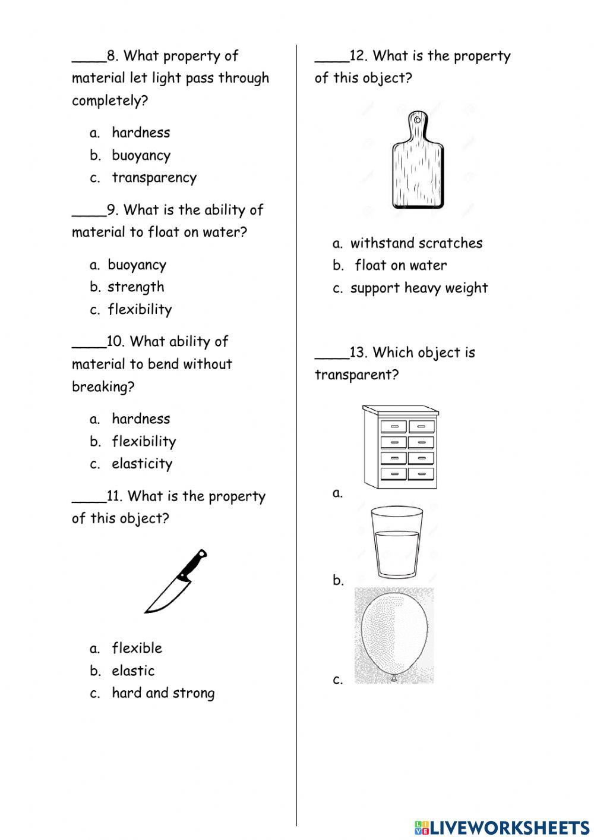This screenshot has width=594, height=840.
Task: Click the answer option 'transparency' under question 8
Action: (154, 178)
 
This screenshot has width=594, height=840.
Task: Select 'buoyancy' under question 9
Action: (137, 265)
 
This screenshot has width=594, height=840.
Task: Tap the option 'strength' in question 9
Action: (135, 287)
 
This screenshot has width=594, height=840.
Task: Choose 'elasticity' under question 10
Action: (142, 464)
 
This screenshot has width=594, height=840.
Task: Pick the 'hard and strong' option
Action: (163, 693)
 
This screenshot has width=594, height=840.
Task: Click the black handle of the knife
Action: (193, 564)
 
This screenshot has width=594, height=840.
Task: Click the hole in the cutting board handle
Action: (418, 121)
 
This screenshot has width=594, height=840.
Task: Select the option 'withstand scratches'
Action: (416, 243)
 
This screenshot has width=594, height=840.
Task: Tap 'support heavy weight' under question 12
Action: (419, 288)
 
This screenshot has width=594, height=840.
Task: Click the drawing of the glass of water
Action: (397, 542)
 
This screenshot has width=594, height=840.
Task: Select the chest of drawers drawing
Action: (400, 447)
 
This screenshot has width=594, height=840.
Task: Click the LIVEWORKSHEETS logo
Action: (502, 827)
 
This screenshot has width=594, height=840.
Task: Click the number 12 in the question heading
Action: (358, 56)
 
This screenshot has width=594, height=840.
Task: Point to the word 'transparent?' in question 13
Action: (356, 375)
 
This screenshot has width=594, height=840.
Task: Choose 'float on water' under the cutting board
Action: (400, 266)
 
